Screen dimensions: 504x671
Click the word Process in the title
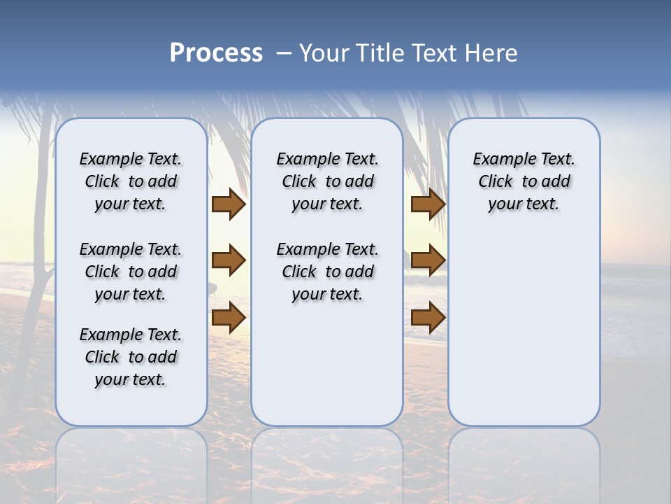coord(216,53)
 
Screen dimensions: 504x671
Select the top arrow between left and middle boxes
coord(228,204)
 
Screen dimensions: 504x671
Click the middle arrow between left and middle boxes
coord(228,260)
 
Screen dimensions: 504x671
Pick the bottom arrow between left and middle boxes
coord(228,317)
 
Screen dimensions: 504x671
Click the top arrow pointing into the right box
coord(428,204)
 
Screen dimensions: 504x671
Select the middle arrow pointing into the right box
coord(428,260)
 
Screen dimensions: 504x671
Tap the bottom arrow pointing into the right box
coord(428,317)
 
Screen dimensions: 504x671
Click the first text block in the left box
coord(130,181)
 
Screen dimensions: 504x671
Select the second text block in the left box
coord(130,272)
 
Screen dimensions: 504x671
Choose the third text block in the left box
coord(130,357)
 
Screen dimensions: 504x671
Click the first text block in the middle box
coord(327,181)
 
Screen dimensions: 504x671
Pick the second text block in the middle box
coord(327,272)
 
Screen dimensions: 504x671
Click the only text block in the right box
coord(524,181)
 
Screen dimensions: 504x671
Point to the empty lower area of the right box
coord(524,329)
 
